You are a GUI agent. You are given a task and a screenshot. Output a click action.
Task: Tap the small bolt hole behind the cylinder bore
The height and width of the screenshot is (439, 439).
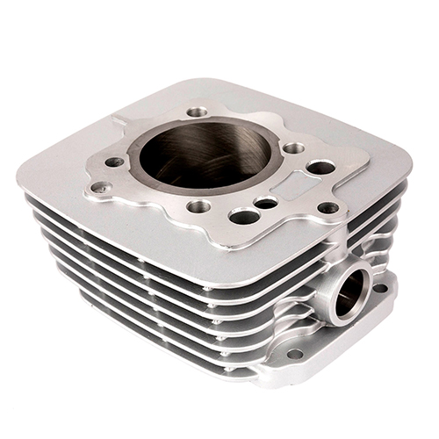[198, 112]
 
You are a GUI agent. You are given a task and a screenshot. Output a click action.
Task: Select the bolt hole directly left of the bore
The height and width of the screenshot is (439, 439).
[115, 162]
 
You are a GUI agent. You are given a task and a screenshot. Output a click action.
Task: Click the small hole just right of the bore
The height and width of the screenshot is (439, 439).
[293, 148]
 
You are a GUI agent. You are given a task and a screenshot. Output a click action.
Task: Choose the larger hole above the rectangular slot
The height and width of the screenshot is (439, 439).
[321, 167]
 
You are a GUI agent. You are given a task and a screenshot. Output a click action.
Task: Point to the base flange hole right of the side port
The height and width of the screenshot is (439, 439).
[380, 287]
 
